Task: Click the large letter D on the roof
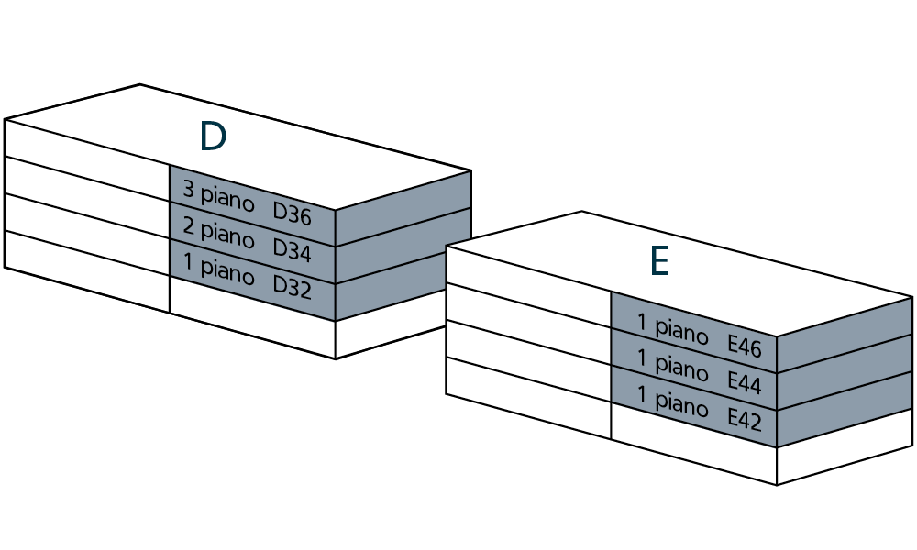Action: (x=213, y=137)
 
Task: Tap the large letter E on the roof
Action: (x=658, y=262)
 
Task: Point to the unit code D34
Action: (x=293, y=251)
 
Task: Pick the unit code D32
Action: (x=293, y=288)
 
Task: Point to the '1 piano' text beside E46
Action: (x=672, y=328)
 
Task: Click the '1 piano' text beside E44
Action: (x=672, y=364)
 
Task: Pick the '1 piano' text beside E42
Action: (x=672, y=400)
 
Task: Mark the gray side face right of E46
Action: (x=845, y=335)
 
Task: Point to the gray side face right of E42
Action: (x=845, y=408)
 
